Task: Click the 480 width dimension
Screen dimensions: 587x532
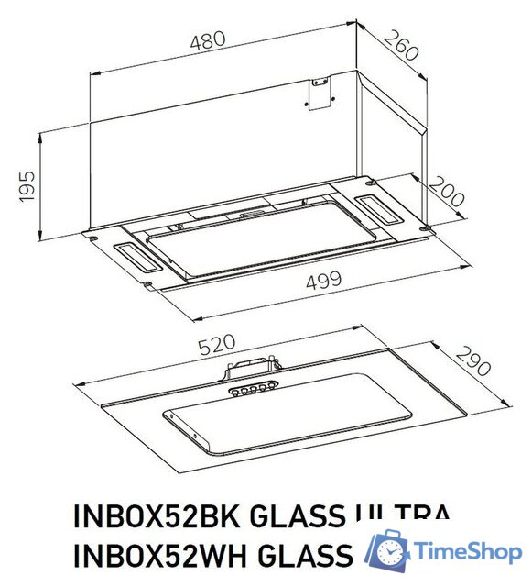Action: (211, 42)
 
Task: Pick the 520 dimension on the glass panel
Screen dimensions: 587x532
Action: (218, 344)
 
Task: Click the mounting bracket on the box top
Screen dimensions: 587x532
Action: (320, 93)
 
